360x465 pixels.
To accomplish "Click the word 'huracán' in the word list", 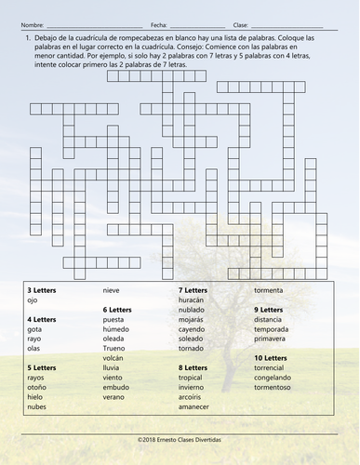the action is pos(191,300).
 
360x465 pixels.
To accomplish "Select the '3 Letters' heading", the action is pos(42,290).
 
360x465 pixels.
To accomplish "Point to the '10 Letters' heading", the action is pos(272,358).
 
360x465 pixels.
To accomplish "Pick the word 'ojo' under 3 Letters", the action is pos(33,300).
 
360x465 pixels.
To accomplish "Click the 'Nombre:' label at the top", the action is pos(32,25).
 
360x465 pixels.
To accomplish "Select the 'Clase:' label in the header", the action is pos(240,25).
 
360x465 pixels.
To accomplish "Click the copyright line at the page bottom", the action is pos(180,434).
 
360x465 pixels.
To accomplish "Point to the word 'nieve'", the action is pos(112,290).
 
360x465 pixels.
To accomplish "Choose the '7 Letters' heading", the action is pos(193,290).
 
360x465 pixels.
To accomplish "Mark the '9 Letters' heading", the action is pos(269,310).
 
